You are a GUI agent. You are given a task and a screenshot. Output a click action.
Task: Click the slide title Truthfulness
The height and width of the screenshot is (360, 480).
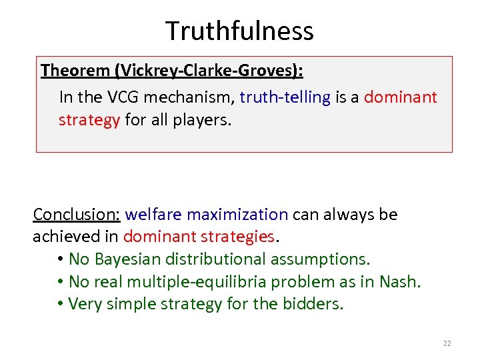pos(239,31)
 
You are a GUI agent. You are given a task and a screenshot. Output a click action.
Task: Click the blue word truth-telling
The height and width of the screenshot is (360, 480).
pos(285,97)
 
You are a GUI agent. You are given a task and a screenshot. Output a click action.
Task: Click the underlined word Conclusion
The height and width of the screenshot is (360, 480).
pos(76,215)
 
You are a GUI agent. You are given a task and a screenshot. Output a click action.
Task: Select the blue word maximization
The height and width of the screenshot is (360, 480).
pos(237,215)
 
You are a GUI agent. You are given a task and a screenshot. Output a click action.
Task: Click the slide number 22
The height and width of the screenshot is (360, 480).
pos(447,343)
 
